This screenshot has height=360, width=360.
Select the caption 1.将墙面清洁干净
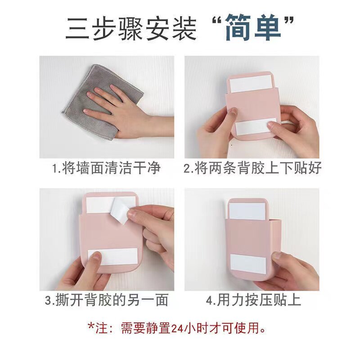(107, 168)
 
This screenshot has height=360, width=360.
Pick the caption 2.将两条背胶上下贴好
(252, 168)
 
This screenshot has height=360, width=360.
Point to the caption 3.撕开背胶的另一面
(107, 300)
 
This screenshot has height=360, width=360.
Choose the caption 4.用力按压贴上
(253, 300)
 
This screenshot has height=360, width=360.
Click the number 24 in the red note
(177, 328)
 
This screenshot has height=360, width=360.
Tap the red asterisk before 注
(91, 326)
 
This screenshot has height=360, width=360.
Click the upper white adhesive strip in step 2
(251, 83)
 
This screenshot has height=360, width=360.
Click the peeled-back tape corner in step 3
(120, 211)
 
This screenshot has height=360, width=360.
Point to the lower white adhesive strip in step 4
(248, 264)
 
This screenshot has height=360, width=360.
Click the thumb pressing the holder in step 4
(279, 257)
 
